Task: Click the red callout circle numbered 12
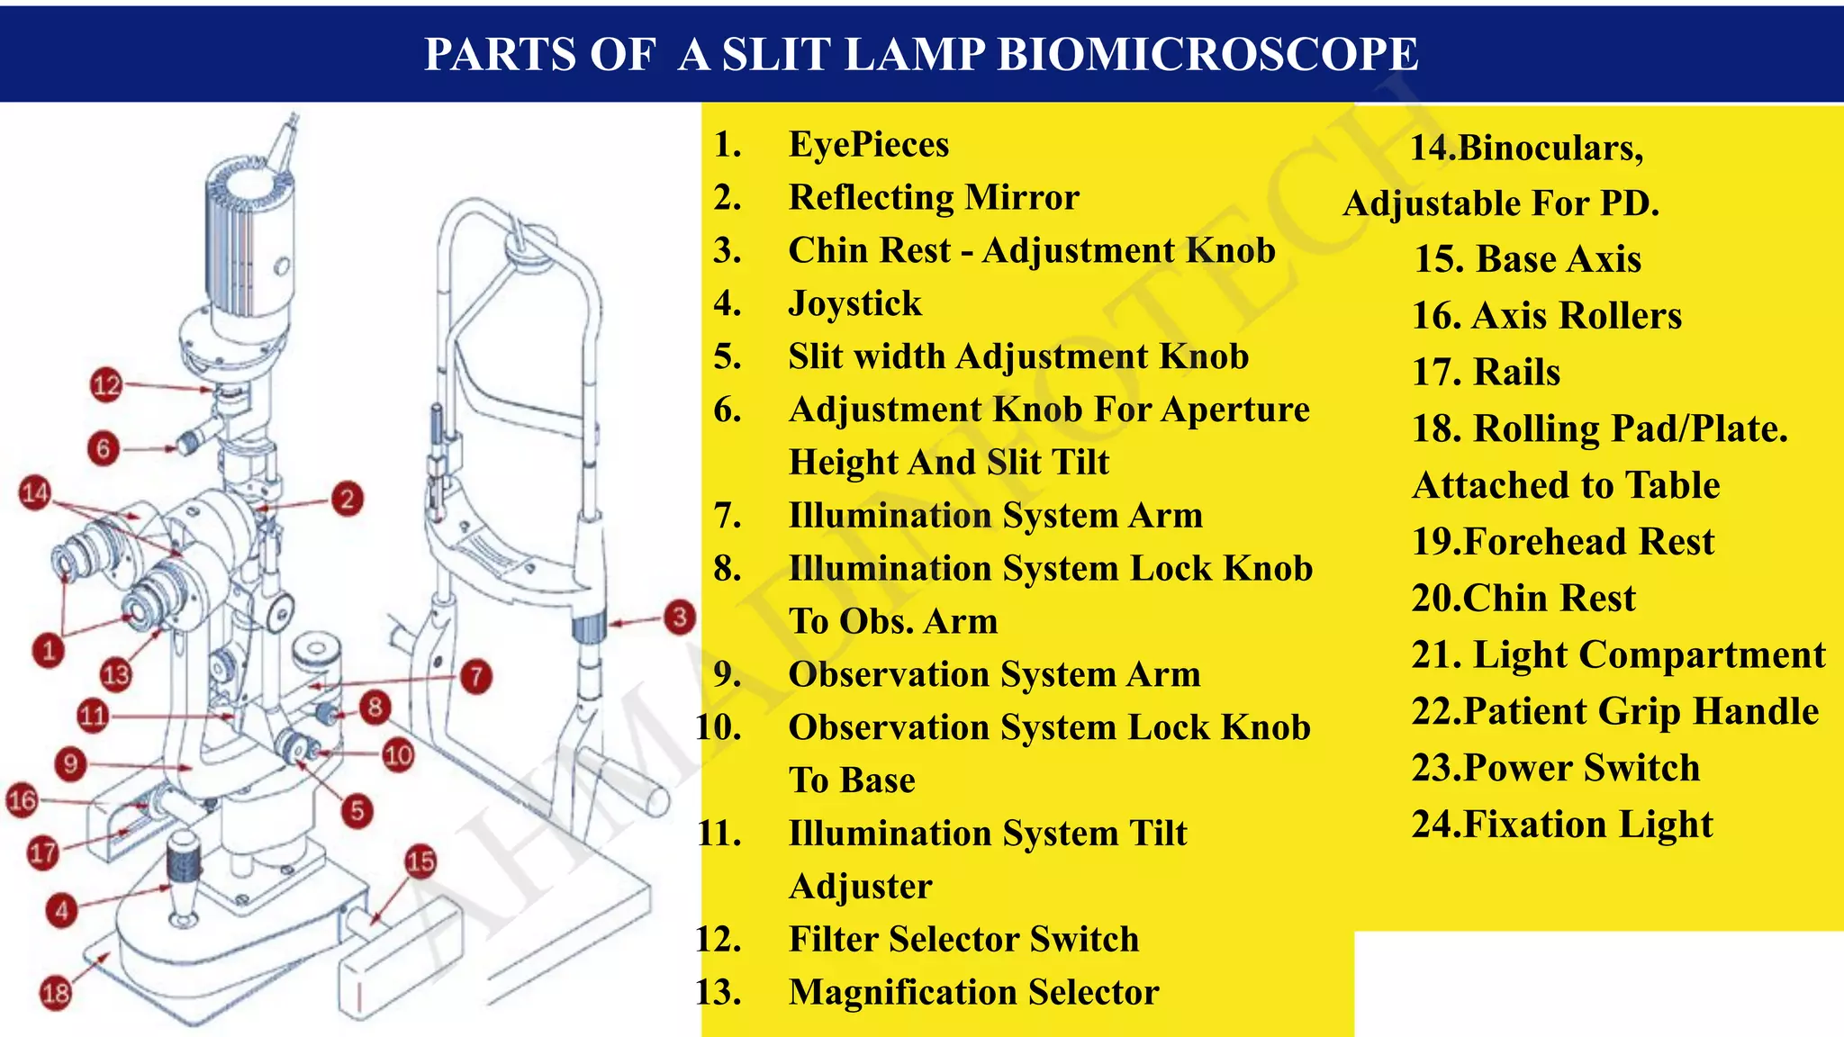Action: click(x=106, y=385)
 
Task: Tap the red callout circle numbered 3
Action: click(x=679, y=617)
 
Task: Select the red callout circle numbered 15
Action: click(x=420, y=861)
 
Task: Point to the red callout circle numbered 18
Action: click(x=56, y=993)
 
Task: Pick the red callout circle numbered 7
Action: click(x=475, y=676)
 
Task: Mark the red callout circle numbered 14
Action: click(x=35, y=492)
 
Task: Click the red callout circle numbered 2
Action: click(x=347, y=499)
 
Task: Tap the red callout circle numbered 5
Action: click(x=357, y=811)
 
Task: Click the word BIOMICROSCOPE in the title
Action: click(x=1207, y=54)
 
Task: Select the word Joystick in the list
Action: click(x=854, y=303)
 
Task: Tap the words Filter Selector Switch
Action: click(x=963, y=939)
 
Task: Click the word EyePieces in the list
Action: click(x=868, y=144)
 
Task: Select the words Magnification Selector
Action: click(x=973, y=992)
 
